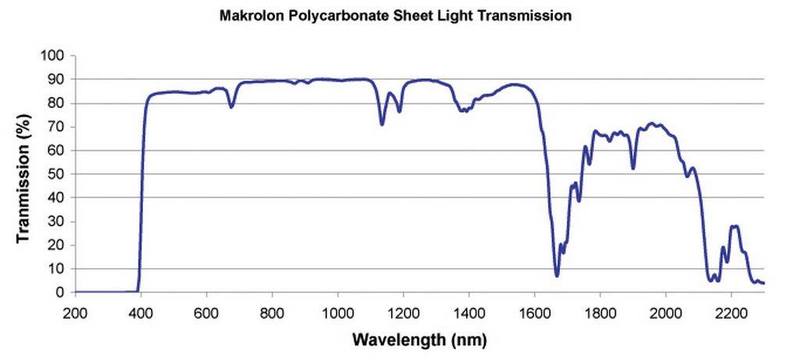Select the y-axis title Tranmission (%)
tap(24, 174)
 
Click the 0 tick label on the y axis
tap(65, 293)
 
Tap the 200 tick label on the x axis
tap(75, 312)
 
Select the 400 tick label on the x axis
tap(141, 312)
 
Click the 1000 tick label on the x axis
tap(337, 312)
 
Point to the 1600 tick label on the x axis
tap(534, 312)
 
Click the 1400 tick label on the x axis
tap(469, 312)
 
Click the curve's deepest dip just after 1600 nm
tap(557, 275)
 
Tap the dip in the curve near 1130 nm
tap(382, 124)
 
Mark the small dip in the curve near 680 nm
tap(231, 107)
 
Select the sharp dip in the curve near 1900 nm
tap(632, 168)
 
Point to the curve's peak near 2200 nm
tap(733, 226)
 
